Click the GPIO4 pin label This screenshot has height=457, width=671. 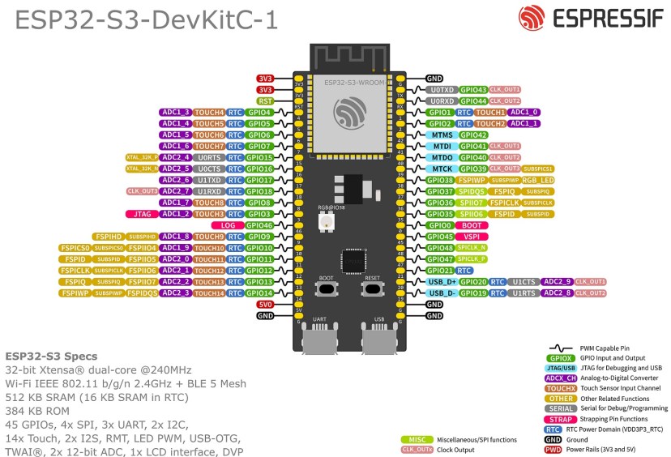coord(259,112)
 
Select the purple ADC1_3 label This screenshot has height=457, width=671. coord(175,112)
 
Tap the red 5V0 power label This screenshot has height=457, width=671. coord(265,304)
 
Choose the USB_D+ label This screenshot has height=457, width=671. coord(442,281)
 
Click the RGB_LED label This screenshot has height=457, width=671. coord(538,180)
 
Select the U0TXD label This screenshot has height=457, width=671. coord(442,89)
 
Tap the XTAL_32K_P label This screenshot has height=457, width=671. coord(141,157)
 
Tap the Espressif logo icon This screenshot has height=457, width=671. coord(532,17)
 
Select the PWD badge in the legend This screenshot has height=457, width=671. coord(553,449)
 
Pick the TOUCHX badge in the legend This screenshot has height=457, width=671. coord(562,388)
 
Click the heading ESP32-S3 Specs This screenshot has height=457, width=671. coord(51,357)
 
